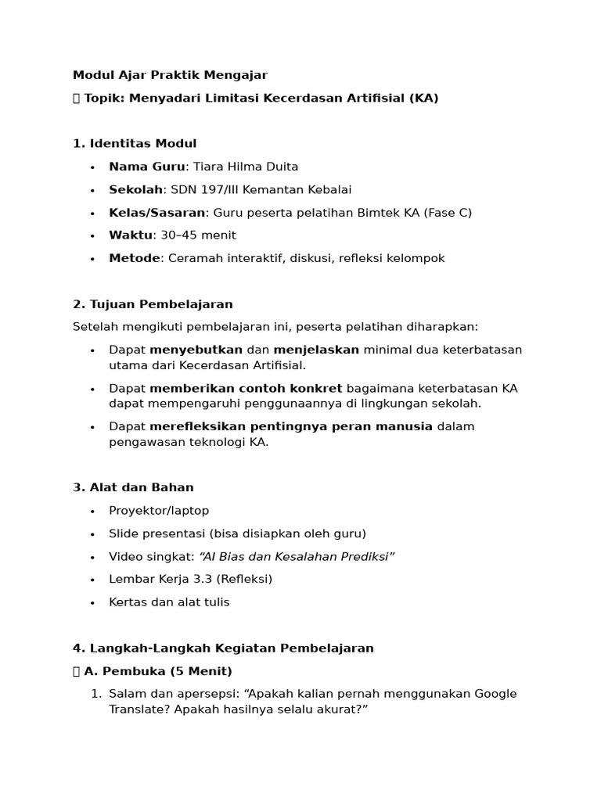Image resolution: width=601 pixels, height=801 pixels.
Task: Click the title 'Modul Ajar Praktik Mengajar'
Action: pos(170,75)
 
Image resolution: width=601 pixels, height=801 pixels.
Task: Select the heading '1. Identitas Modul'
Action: pos(135,144)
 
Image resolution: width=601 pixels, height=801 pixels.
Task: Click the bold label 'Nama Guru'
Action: pos(147,167)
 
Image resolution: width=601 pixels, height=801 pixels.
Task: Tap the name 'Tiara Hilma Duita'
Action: pos(246,167)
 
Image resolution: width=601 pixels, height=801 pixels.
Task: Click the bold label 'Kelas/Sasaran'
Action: pos(157,213)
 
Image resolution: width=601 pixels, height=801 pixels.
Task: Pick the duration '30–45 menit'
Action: pos(198,235)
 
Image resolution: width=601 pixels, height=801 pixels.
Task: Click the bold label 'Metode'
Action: pos(134,258)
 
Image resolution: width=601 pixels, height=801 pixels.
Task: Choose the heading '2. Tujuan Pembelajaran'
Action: pos(153,304)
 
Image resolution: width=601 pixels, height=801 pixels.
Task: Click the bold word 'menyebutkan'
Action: pos(196,350)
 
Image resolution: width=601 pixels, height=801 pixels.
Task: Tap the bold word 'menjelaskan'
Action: pos(317,350)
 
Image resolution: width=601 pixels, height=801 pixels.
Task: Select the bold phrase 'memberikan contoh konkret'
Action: pos(246,389)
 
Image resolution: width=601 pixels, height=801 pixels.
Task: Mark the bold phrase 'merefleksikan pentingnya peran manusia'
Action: pos(291,426)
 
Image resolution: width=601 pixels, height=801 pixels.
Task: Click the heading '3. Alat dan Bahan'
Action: pos(133,487)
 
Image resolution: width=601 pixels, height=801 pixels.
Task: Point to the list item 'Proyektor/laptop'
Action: pos(159,511)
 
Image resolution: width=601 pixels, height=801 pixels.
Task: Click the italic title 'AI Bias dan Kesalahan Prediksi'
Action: pos(297,556)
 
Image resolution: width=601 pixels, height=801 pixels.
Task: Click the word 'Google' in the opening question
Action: pos(495,694)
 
